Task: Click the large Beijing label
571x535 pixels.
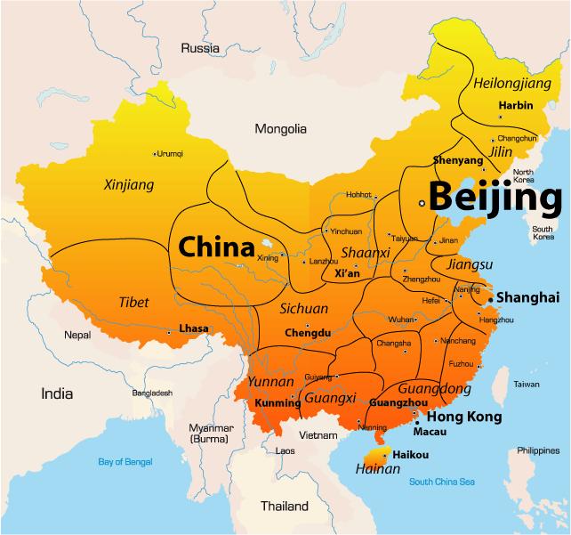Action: point(495,197)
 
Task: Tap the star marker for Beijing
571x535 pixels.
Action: point(422,203)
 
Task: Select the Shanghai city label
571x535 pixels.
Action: point(527,296)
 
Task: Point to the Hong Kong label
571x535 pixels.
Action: point(465,417)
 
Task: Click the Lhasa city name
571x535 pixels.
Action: point(193,328)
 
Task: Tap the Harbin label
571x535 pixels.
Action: point(515,105)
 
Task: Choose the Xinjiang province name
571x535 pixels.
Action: point(129,185)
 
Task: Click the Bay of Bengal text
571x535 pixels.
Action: point(125,461)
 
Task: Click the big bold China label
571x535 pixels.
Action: point(217,246)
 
